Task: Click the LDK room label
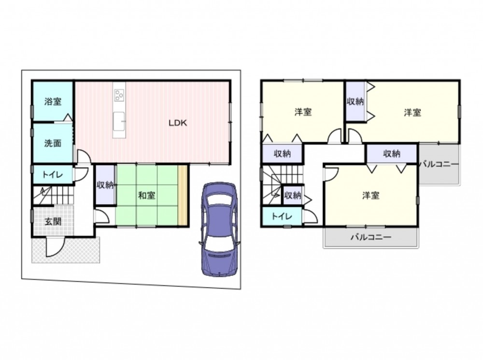[178, 123]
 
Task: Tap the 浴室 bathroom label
[53, 101]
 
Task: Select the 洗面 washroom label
[53, 143]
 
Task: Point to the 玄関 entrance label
[53, 221]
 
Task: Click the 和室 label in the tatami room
[147, 195]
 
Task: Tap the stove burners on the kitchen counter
[119, 95]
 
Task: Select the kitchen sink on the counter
[119, 121]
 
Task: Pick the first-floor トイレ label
[53, 175]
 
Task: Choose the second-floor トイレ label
[282, 216]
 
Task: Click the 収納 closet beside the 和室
[105, 185]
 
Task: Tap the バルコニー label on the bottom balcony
[371, 237]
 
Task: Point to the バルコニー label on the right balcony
[439, 164]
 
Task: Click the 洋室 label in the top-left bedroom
[303, 112]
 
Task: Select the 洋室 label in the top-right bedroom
[412, 113]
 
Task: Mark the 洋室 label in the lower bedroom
[370, 195]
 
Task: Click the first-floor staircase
[53, 195]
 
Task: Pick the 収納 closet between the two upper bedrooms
[355, 101]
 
